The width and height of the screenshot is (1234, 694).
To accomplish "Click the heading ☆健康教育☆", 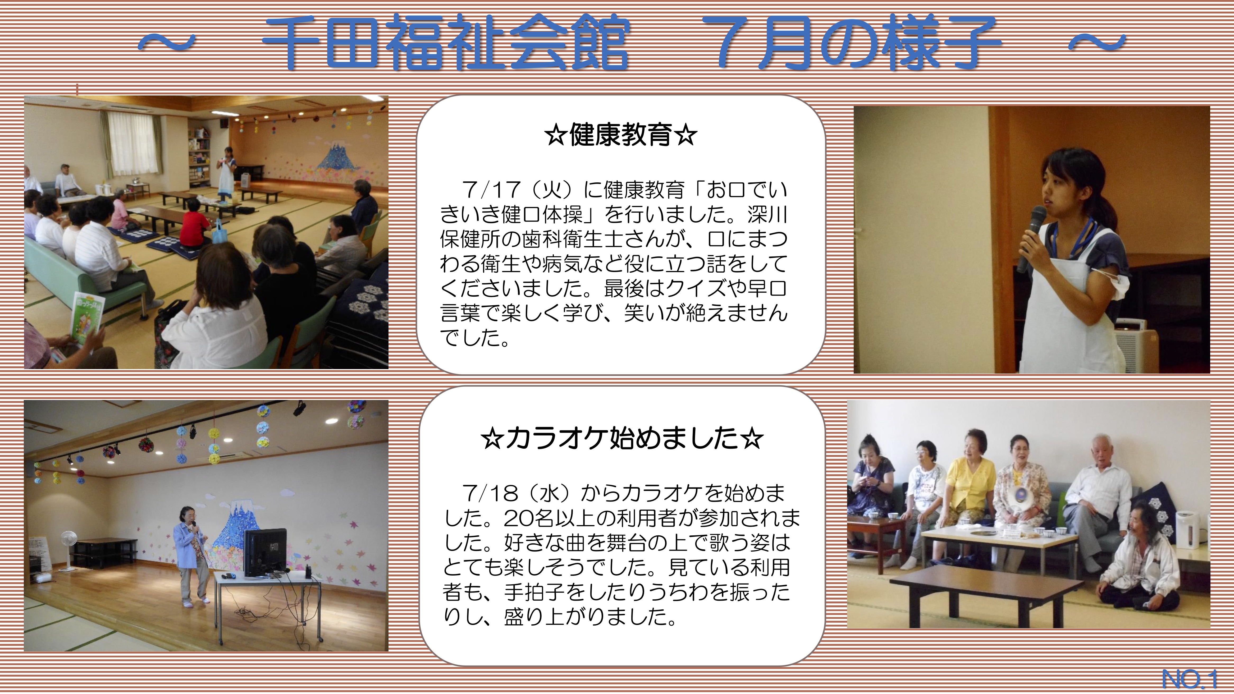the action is (620, 136).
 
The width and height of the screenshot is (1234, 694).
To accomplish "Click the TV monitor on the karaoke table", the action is (265, 552).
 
